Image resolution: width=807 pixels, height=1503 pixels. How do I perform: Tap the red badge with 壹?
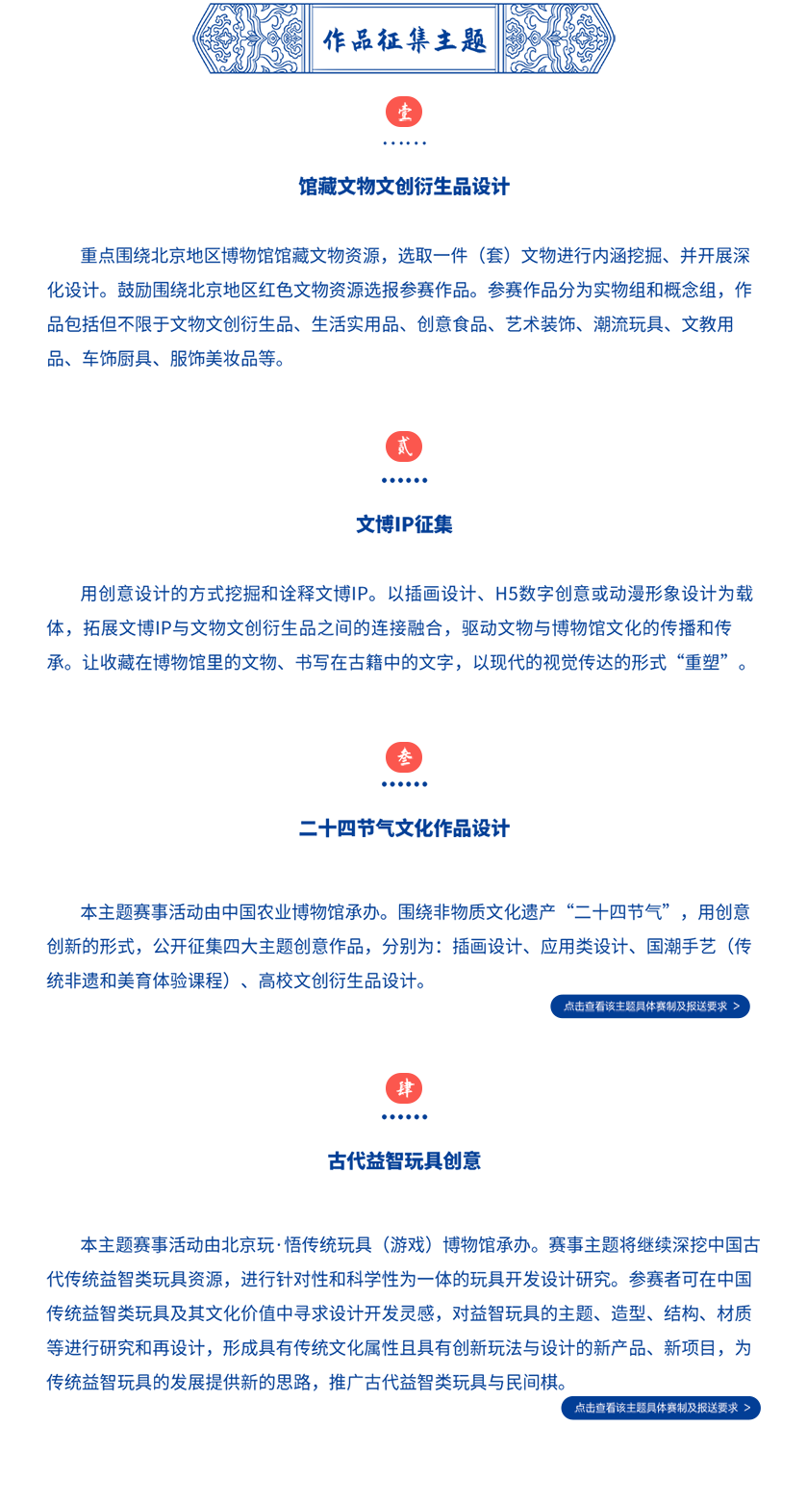point(404,112)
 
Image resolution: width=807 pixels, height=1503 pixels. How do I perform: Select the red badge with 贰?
point(404,446)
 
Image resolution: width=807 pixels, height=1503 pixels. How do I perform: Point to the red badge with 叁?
point(404,757)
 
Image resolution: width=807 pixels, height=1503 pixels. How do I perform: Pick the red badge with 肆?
point(404,1088)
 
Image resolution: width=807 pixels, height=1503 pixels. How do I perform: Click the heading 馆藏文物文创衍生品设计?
point(404,187)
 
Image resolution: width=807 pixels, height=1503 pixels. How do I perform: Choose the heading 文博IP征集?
point(404,524)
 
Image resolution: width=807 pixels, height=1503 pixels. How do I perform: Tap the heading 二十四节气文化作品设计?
point(404,828)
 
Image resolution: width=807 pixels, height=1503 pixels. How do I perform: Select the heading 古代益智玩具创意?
point(404,1160)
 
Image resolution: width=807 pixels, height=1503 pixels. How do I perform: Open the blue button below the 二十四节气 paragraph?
point(650,1006)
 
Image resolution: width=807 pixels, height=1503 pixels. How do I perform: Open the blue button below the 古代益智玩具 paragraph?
point(661,1408)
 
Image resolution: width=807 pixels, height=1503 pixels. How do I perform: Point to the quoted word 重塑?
point(702,663)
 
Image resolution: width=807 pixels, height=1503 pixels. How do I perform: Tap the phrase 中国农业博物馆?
point(283,912)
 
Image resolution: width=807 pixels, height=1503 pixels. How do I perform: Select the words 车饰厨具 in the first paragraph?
point(116,359)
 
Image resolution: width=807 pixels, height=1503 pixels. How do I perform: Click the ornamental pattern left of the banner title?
point(249,38)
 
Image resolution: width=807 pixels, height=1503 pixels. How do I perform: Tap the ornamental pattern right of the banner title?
point(558,38)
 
